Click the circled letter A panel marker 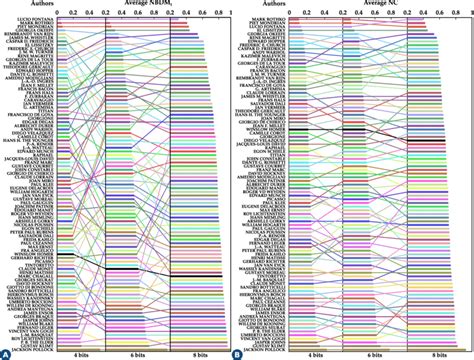click(x=6, y=353)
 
